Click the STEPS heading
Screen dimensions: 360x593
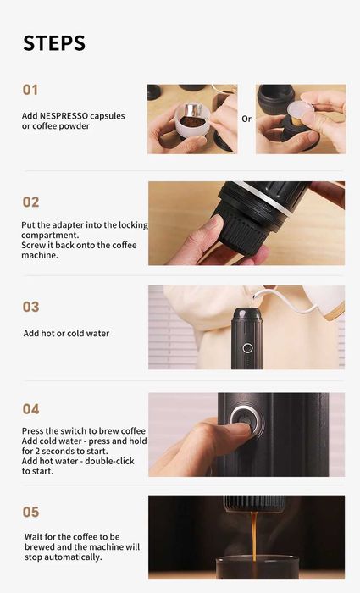point(54,43)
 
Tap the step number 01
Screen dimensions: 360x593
point(30,90)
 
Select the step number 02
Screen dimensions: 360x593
point(31,202)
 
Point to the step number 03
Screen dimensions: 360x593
point(31,307)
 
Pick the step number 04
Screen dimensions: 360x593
point(31,409)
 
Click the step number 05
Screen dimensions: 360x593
point(31,512)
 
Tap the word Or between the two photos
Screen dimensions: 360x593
point(246,119)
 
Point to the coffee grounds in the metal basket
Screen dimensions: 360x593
point(191,122)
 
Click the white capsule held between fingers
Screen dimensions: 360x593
point(300,108)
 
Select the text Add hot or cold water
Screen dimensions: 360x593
point(66,333)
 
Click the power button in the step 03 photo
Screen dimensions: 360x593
point(247,348)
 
